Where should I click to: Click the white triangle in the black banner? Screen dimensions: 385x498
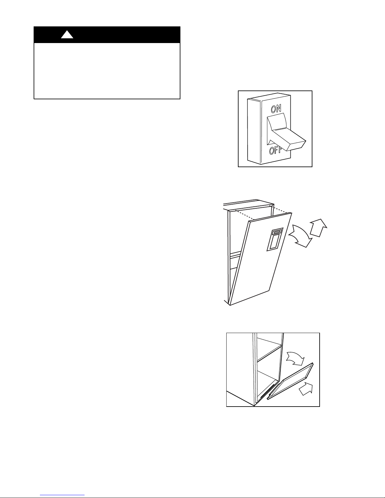67,35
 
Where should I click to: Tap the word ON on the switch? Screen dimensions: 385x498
276,109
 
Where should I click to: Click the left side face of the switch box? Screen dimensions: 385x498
254,131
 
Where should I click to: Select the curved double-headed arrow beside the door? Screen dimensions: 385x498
300,236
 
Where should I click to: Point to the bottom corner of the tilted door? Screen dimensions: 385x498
230,305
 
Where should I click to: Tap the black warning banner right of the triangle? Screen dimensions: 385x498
126,35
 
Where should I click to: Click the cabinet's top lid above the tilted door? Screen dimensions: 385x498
249,205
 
